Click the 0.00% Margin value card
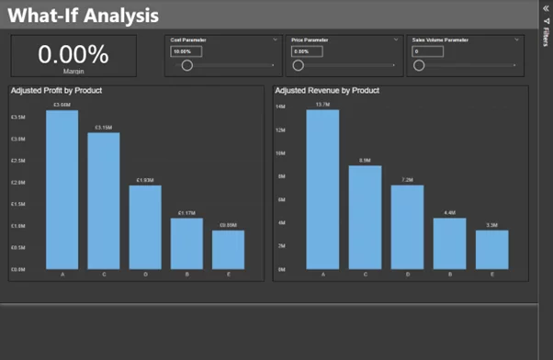(x=73, y=56)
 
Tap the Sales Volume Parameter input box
(x=427, y=51)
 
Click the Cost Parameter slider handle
(x=187, y=65)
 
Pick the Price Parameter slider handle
(x=298, y=65)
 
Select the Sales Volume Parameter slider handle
(x=419, y=65)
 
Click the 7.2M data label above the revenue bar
(x=407, y=180)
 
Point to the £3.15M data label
(x=102, y=128)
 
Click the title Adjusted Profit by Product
(x=56, y=91)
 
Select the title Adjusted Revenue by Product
(x=326, y=91)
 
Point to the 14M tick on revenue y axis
(x=281, y=107)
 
